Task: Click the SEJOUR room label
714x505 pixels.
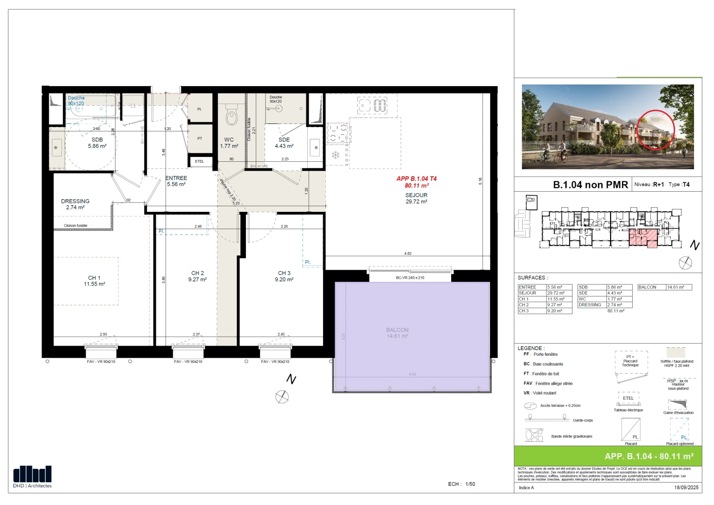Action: click(x=416, y=195)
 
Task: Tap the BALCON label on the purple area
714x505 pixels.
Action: click(x=397, y=330)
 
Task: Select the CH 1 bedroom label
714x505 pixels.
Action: click(x=94, y=278)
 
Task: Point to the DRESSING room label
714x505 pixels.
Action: click(x=75, y=202)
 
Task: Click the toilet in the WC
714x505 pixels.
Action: click(x=231, y=115)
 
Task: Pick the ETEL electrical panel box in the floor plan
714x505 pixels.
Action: click(x=200, y=161)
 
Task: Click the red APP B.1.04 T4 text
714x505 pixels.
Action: click(x=416, y=179)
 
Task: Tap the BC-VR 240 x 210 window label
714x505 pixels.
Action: click(x=410, y=278)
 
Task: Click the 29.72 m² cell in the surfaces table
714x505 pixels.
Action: click(x=559, y=293)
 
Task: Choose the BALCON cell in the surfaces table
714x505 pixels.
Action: click(x=651, y=287)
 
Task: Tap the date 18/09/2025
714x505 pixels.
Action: click(x=686, y=488)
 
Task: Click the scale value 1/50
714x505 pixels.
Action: click(x=470, y=484)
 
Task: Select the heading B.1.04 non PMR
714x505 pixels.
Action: click(x=590, y=185)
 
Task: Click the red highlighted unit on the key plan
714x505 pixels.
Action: click(x=643, y=238)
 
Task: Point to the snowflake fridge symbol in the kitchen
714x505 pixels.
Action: click(x=335, y=155)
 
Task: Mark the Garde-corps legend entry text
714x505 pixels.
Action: click(x=583, y=420)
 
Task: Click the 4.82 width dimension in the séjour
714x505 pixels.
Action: click(x=408, y=253)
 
